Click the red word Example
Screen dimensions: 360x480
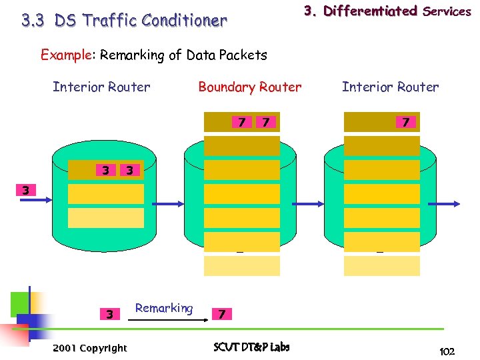coord(65,55)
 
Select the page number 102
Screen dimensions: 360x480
coord(447,351)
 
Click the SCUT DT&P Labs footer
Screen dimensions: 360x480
coord(251,347)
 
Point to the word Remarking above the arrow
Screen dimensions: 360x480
coord(163,308)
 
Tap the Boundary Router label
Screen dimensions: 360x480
coord(249,87)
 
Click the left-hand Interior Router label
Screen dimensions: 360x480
coord(101,87)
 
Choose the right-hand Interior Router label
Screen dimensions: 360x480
coord(390,87)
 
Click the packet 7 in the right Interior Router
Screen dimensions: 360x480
coord(404,122)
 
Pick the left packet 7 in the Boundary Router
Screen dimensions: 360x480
coord(241,122)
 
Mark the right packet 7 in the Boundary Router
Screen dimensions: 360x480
coord(266,122)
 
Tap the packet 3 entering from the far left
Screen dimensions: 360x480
coord(25,190)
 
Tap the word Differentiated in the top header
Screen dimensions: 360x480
coord(370,11)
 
